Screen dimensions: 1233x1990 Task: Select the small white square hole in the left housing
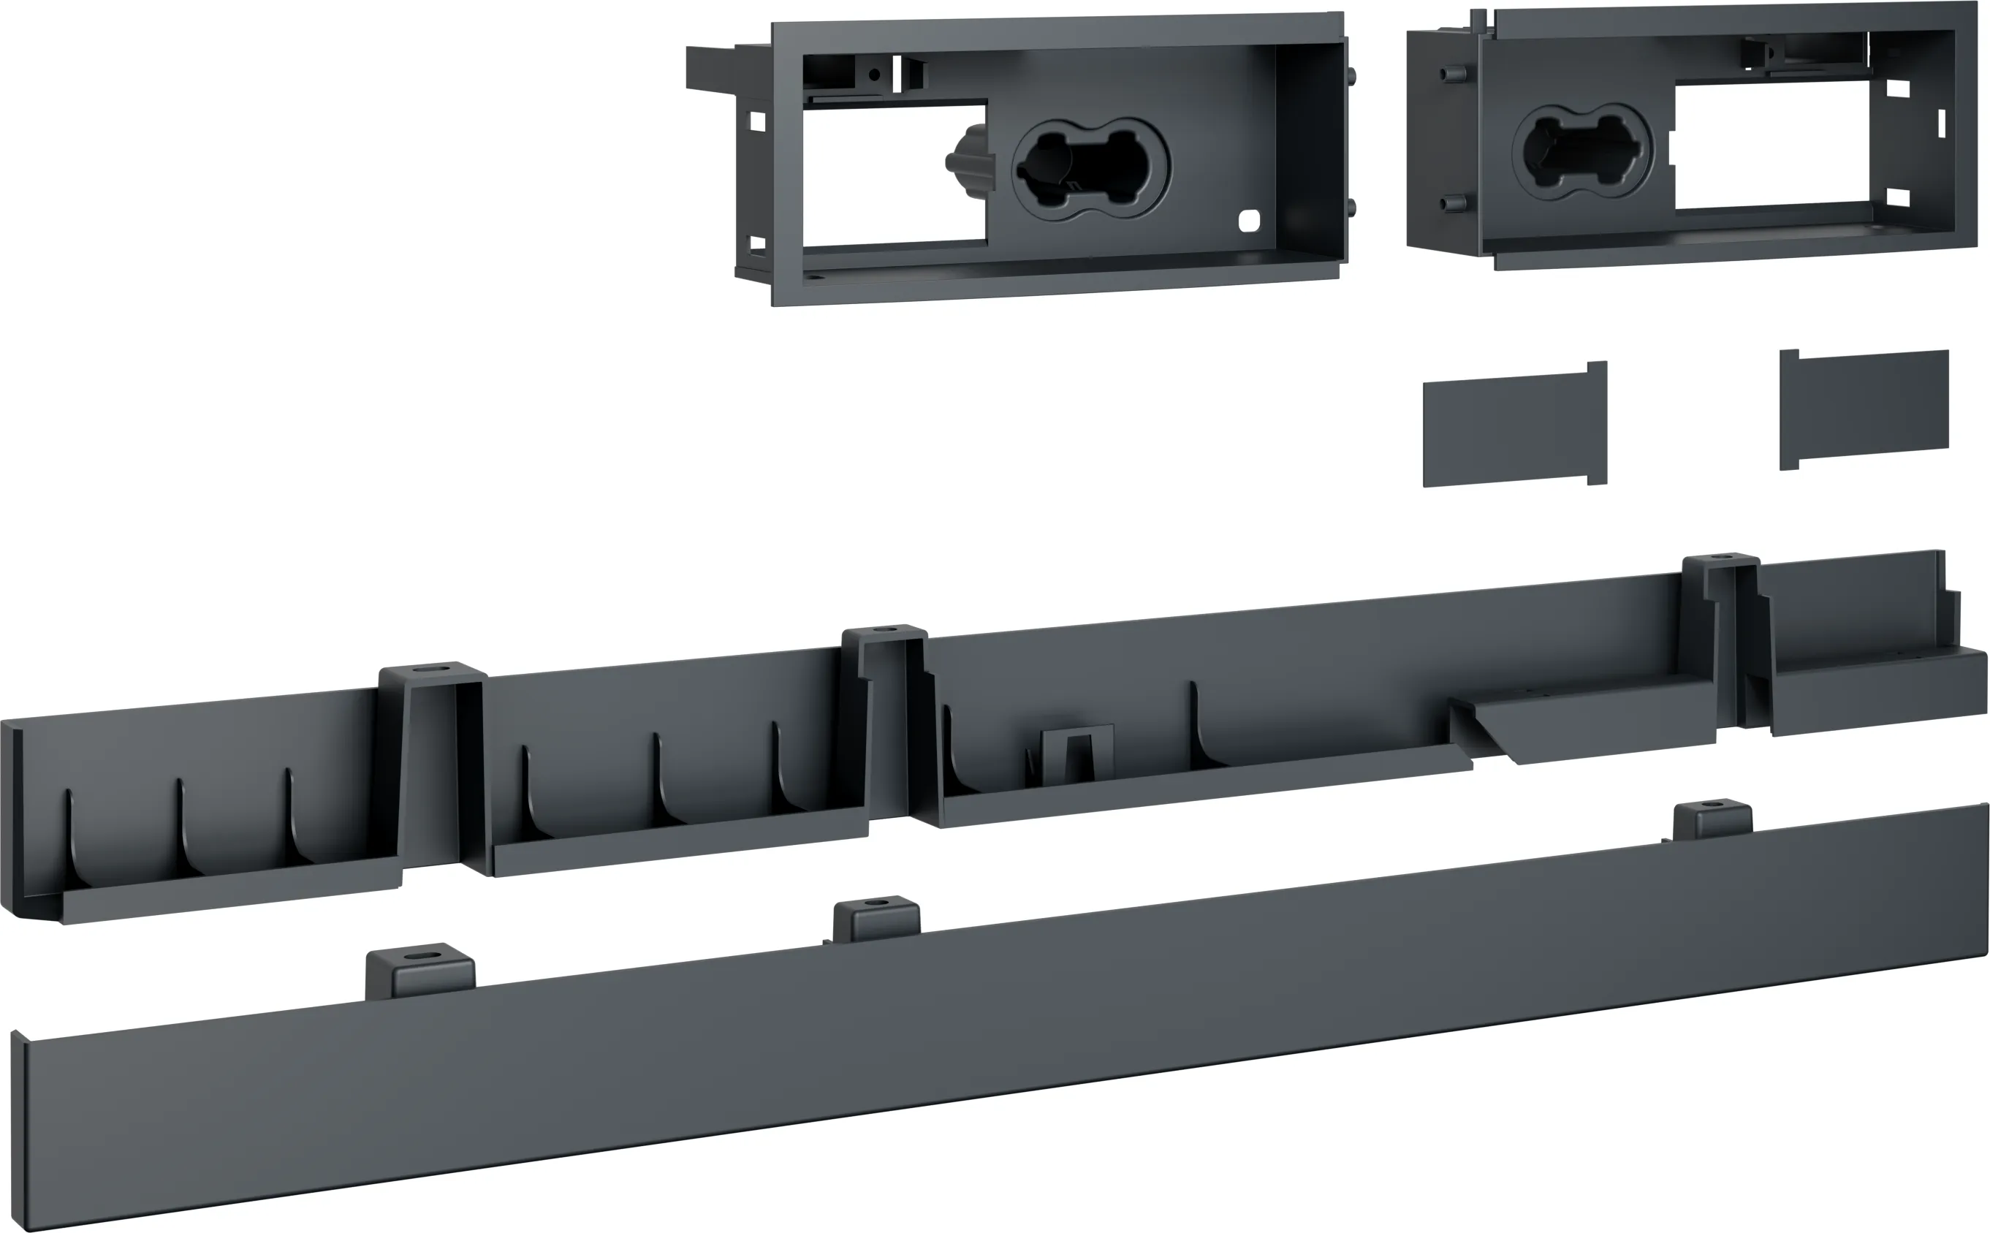point(1248,219)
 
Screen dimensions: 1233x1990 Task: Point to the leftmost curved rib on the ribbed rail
point(70,840)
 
